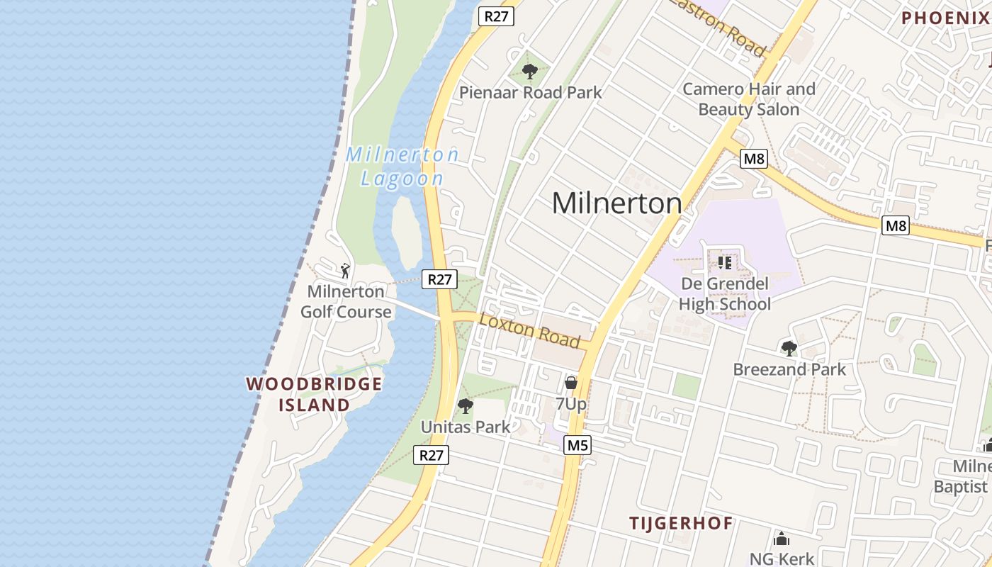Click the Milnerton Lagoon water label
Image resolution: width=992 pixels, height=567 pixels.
click(402, 167)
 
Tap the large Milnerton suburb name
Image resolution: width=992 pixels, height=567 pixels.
click(616, 203)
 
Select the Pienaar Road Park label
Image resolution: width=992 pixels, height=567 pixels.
click(530, 92)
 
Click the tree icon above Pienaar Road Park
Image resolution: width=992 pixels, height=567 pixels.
click(529, 71)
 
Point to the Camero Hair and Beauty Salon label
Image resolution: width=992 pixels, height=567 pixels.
click(749, 99)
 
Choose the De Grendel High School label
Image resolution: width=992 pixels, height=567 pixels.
click(724, 294)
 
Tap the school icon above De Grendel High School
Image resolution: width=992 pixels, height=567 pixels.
click(724, 263)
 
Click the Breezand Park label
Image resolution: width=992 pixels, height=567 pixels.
click(789, 369)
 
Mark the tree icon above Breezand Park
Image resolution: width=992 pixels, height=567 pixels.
click(789, 348)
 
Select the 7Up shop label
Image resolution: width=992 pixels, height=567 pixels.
click(570, 404)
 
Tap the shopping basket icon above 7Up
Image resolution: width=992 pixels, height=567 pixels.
click(570, 383)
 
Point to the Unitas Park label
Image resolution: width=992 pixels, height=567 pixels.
click(466, 427)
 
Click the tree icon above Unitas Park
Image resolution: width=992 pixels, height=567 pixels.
click(465, 406)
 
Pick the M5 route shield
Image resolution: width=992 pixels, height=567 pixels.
click(577, 445)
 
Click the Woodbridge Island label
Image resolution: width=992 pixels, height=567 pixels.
click(314, 395)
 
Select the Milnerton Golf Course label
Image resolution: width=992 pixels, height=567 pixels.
click(346, 301)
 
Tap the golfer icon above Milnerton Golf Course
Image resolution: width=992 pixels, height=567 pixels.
click(345, 270)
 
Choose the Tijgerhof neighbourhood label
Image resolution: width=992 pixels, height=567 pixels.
click(681, 524)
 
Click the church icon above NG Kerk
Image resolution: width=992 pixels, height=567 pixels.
click(782, 539)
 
